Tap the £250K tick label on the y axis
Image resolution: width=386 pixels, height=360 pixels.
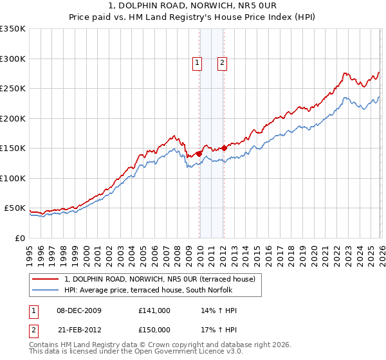(x=14, y=89)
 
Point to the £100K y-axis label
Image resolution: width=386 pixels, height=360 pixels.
(x=14, y=178)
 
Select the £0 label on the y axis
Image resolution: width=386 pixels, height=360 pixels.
(x=20, y=238)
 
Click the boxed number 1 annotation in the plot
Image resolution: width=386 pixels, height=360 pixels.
(x=196, y=63)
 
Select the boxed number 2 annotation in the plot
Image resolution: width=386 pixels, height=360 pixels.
(x=221, y=63)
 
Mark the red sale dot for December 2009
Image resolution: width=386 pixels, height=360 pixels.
(x=199, y=154)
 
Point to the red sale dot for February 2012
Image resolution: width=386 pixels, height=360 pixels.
(x=224, y=148)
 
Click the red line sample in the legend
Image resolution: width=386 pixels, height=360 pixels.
(x=46, y=279)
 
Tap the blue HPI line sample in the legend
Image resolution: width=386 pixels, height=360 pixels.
(x=46, y=290)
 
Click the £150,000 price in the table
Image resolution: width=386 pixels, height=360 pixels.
(x=154, y=329)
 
